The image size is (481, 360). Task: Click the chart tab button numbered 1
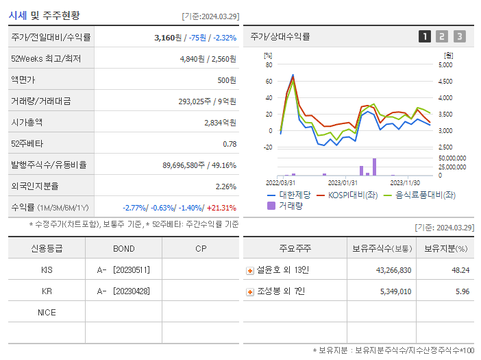(x=425, y=36)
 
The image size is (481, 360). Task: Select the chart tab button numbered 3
(x=459, y=36)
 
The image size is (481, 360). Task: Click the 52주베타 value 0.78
(x=230, y=144)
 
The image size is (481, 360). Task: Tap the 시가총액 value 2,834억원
(x=220, y=123)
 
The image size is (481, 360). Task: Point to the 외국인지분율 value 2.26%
(x=225, y=187)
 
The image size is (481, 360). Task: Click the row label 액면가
(x=26, y=80)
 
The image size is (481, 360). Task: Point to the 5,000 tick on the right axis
(x=445, y=65)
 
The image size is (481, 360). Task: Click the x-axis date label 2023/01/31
(x=343, y=182)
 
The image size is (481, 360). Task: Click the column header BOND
(x=123, y=248)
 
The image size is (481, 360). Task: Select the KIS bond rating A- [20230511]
(x=124, y=270)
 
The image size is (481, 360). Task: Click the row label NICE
(x=47, y=313)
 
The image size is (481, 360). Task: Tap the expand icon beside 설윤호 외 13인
(x=250, y=271)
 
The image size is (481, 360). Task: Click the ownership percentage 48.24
(x=460, y=270)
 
